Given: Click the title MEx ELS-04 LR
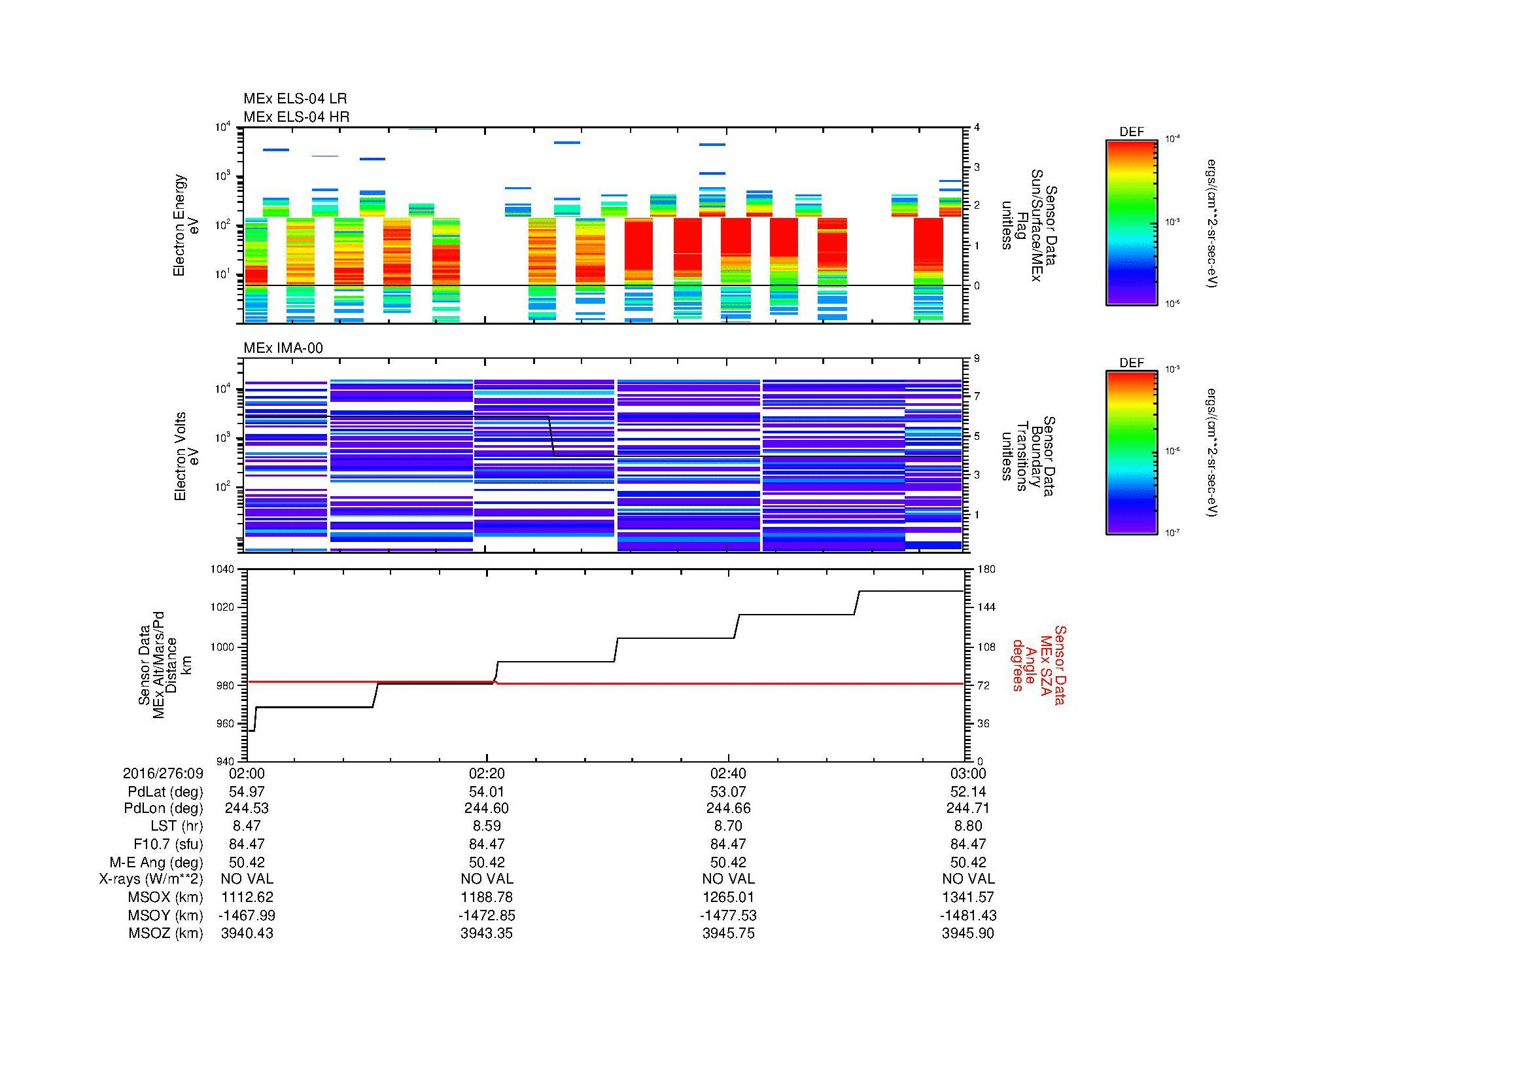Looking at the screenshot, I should (x=295, y=99).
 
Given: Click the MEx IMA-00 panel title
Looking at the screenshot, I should (x=283, y=348).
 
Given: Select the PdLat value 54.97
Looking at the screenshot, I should (x=247, y=792).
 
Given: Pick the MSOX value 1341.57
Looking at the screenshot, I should (x=967, y=897).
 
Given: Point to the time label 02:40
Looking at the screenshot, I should (x=727, y=774).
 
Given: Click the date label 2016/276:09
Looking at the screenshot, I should (x=163, y=774).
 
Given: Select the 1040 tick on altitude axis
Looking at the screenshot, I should (x=223, y=569).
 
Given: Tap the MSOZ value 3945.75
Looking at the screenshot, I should (x=727, y=933).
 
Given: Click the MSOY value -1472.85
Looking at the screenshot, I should (x=487, y=915).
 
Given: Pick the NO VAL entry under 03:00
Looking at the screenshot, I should (x=967, y=879).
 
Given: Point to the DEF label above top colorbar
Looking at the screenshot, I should (x=1131, y=132).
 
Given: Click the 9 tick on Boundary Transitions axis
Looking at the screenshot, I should (x=977, y=359).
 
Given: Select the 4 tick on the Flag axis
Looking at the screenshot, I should (x=977, y=128).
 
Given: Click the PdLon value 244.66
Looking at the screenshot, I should (x=727, y=808).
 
